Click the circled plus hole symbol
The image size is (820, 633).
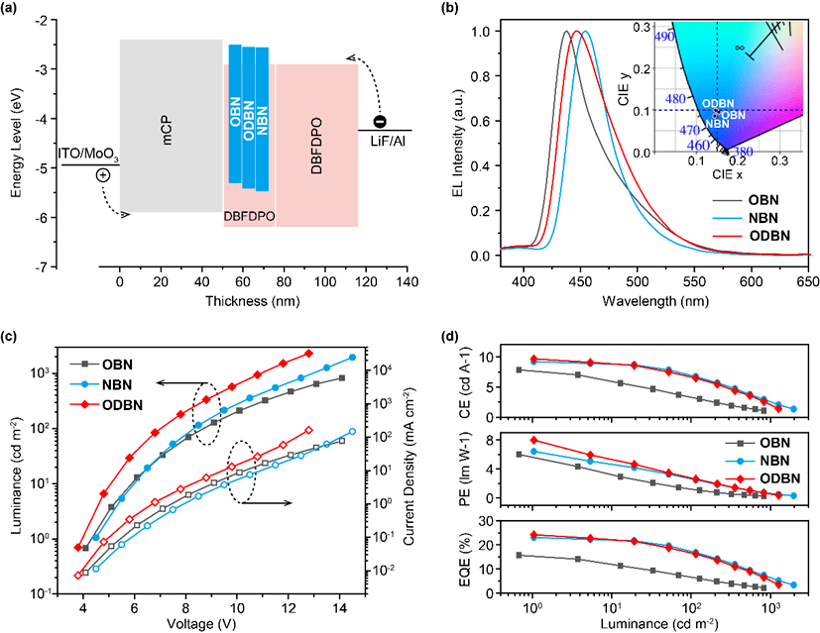pos(103,174)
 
